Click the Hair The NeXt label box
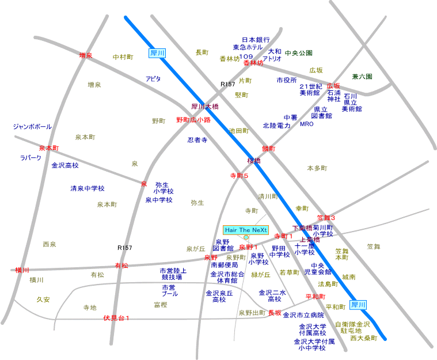point(246,230)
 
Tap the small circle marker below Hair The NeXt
point(246,237)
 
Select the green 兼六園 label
point(362,76)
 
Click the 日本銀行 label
point(256,40)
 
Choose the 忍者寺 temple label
point(197,140)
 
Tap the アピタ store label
point(153,78)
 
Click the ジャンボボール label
point(32,126)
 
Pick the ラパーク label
point(31,157)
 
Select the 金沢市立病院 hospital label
point(303,315)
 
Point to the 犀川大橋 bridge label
point(205,107)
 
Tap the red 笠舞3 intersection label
point(326,217)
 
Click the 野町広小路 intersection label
point(193,120)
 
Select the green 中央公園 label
point(298,53)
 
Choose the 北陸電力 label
point(276,125)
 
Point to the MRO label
point(307,124)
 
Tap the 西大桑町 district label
point(363,338)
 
